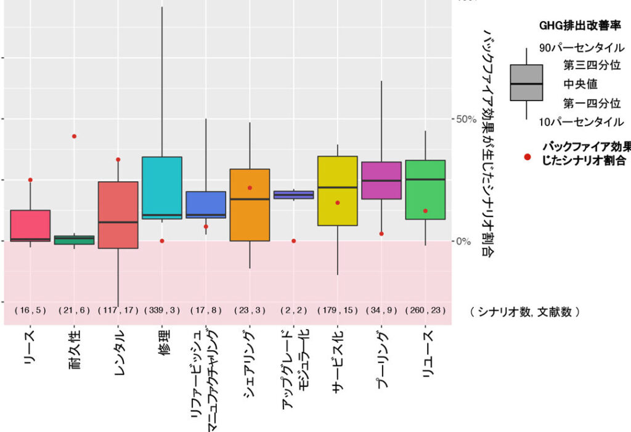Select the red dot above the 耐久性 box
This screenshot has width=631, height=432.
point(75,136)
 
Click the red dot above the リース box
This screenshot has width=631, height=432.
point(30,180)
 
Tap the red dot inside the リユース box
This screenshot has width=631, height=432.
point(426,211)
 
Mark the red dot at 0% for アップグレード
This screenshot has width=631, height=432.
point(293,241)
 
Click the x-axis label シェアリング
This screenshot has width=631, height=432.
point(249,357)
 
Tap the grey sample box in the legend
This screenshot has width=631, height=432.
point(526,83)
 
